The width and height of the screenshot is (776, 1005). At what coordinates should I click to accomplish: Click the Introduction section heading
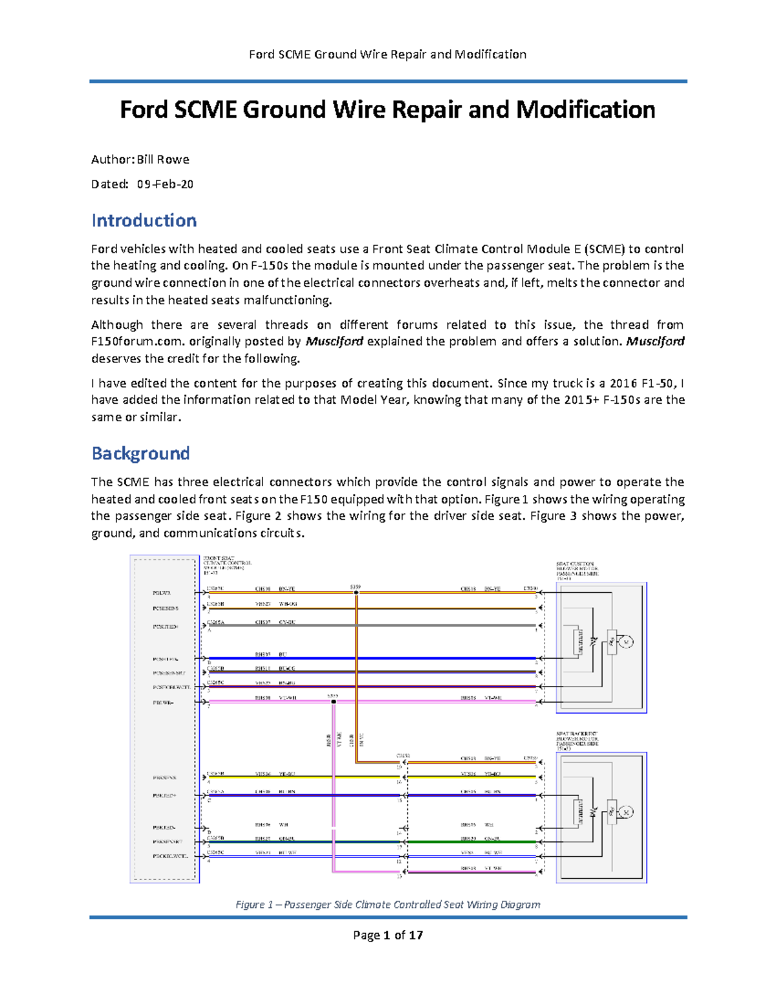tap(144, 221)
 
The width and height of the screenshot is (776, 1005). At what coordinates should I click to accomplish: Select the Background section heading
tap(140, 453)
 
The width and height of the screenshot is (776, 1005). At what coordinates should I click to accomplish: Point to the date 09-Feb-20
tap(165, 184)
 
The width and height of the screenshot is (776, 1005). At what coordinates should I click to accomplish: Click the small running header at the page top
tap(387, 54)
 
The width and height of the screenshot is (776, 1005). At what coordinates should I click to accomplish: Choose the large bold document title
tap(387, 109)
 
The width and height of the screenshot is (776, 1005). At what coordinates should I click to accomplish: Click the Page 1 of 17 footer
tap(387, 934)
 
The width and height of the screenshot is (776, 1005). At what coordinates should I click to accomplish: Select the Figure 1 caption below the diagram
tap(387, 904)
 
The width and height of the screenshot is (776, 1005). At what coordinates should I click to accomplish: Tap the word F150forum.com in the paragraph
tap(138, 341)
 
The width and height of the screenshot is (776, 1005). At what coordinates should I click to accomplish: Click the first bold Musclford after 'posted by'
tap(334, 341)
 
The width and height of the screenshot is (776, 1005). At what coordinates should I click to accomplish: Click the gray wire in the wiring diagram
tap(388, 625)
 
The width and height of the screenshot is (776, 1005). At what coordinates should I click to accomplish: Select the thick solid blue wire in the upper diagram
tap(388, 658)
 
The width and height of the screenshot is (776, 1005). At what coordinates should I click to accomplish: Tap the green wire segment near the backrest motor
tap(472, 842)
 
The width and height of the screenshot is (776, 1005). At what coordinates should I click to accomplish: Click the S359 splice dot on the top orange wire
tap(356, 592)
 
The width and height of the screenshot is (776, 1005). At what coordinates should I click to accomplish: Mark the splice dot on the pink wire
tap(334, 701)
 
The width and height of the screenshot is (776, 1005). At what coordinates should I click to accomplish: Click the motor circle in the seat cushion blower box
tap(625, 642)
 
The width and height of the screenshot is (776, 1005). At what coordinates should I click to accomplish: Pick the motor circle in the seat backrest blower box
tap(625, 812)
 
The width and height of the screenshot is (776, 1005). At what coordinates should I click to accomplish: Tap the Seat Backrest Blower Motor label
tap(577, 739)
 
